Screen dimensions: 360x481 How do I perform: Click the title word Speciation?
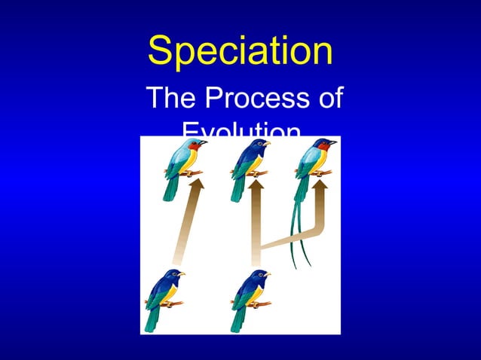240,51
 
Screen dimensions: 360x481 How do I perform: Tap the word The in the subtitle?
171,99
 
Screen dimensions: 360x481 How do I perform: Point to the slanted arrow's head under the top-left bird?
192,185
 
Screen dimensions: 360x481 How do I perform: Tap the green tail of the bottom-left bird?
152,319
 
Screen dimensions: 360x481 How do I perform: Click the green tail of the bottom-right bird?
237,319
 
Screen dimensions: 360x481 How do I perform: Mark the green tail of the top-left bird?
170,188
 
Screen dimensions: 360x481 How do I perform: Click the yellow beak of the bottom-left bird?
182,273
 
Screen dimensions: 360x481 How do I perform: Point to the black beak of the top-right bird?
333,141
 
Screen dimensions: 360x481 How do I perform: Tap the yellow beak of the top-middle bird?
267,142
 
